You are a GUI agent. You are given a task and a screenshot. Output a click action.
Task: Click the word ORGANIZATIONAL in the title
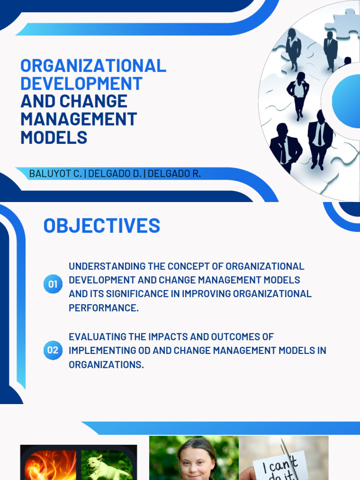(93, 66)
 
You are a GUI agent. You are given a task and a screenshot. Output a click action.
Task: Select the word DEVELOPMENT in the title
(81, 83)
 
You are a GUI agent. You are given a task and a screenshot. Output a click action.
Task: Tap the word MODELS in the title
(54, 137)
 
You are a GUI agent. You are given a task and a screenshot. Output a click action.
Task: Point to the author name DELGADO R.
(174, 174)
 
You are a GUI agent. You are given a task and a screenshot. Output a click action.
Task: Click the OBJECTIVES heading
(102, 226)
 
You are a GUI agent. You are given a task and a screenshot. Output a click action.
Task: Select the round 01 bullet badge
(52, 284)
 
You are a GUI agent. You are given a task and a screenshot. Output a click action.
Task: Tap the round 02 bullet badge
(52, 350)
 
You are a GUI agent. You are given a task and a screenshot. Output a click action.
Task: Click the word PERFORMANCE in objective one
(104, 308)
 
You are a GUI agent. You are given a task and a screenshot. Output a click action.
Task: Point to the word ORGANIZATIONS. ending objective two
(106, 364)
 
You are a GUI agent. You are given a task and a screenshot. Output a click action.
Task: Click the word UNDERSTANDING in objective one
(107, 266)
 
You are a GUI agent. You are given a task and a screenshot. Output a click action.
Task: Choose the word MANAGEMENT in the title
(78, 119)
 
